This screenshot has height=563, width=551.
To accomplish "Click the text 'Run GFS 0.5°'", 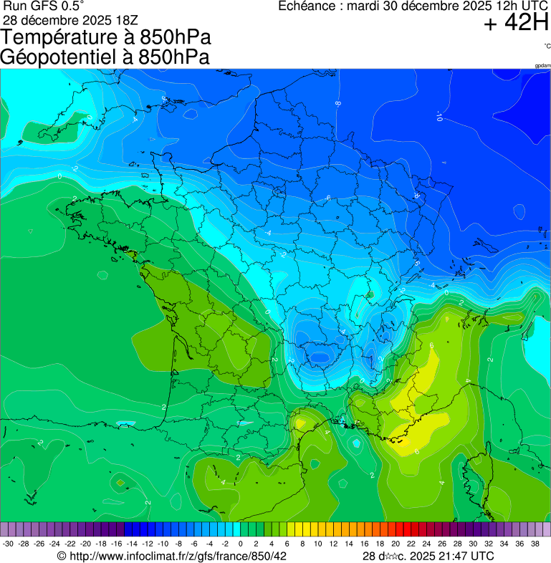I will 44,6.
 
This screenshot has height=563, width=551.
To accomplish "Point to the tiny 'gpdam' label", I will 542,66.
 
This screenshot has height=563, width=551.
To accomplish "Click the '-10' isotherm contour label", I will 439,115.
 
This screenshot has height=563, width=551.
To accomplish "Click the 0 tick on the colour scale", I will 240,544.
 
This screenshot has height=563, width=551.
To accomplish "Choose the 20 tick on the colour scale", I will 395,544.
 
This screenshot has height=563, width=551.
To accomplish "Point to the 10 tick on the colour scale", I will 317,544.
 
